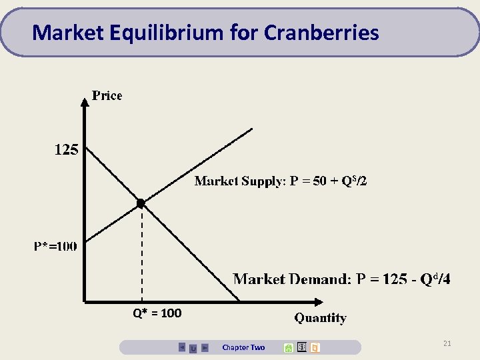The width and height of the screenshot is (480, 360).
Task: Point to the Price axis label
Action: (107, 95)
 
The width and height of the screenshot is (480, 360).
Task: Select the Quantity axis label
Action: (321, 318)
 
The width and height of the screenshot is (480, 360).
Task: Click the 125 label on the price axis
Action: (66, 150)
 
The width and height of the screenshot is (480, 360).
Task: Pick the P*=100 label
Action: (55, 246)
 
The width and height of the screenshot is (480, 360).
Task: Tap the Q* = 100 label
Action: (157, 313)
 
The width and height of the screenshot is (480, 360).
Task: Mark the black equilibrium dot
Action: (141, 203)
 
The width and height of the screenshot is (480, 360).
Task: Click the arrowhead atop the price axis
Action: (84, 101)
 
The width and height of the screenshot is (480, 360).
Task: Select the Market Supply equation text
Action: (280, 181)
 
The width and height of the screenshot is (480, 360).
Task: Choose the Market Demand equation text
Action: (341, 279)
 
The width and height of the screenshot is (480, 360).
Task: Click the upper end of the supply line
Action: (251, 129)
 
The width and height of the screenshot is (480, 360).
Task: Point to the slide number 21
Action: (447, 343)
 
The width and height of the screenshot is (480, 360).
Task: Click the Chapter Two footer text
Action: (243, 347)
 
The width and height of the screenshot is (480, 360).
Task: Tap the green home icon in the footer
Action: (288, 347)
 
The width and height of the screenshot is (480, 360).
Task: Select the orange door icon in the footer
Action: (315, 347)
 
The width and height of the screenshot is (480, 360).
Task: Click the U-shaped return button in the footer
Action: (193, 347)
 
